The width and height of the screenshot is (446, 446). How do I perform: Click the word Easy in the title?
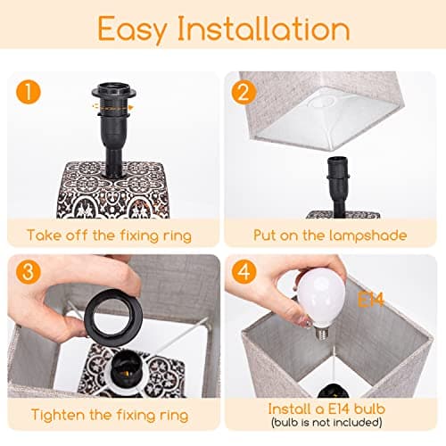[133, 29]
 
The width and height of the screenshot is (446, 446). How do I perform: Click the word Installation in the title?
[264, 28]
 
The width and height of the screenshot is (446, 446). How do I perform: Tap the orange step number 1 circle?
[29, 92]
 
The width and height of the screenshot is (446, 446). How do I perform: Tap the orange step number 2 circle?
[244, 92]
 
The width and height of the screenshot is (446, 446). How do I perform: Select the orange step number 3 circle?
[29, 271]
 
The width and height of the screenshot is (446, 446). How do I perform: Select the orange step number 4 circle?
[244, 271]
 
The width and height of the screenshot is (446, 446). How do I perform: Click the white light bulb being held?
[320, 301]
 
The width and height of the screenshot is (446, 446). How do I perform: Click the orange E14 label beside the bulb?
[370, 300]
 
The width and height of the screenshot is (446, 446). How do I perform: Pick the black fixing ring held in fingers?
[113, 318]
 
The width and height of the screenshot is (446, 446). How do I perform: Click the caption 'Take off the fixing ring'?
[109, 235]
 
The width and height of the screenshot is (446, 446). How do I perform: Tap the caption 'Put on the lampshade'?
[330, 235]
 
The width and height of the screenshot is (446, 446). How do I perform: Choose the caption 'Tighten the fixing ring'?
[110, 415]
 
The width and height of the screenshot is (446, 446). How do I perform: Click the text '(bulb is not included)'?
[326, 422]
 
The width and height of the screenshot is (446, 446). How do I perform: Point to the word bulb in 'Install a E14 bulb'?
[370, 409]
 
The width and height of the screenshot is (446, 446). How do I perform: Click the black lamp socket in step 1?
[114, 128]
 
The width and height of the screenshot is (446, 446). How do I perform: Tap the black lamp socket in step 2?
[338, 186]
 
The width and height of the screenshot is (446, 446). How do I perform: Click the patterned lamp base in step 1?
[112, 190]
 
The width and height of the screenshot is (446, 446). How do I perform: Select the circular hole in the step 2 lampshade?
[323, 102]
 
